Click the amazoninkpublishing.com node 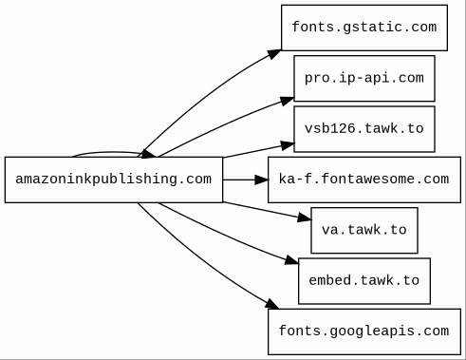[x=114, y=180]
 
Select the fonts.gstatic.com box [x=364, y=28]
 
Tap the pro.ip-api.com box [x=364, y=79]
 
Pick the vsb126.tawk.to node [x=364, y=129]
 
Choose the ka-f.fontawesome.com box [x=364, y=180]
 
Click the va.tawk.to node [x=364, y=231]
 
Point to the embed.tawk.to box [x=364, y=281]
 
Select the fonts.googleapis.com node [x=364, y=332]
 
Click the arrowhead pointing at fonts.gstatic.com [x=273, y=54]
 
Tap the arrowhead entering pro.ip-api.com [x=287, y=101]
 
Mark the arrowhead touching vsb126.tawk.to [x=288, y=145]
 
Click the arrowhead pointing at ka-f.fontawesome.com [x=261, y=180]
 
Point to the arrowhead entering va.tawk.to [x=305, y=218]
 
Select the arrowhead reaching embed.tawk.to [x=291, y=260]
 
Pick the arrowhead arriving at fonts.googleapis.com [x=271, y=304]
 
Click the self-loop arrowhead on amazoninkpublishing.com [x=148, y=154]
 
